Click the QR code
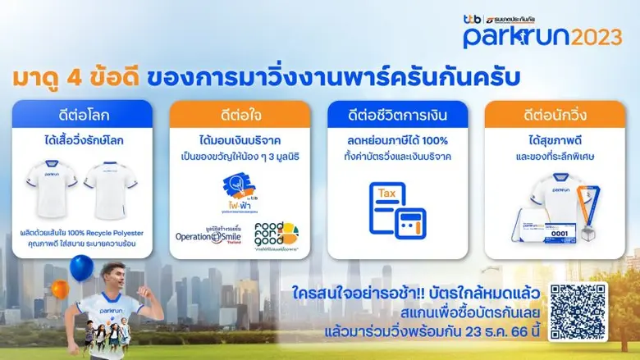coord(578,312)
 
